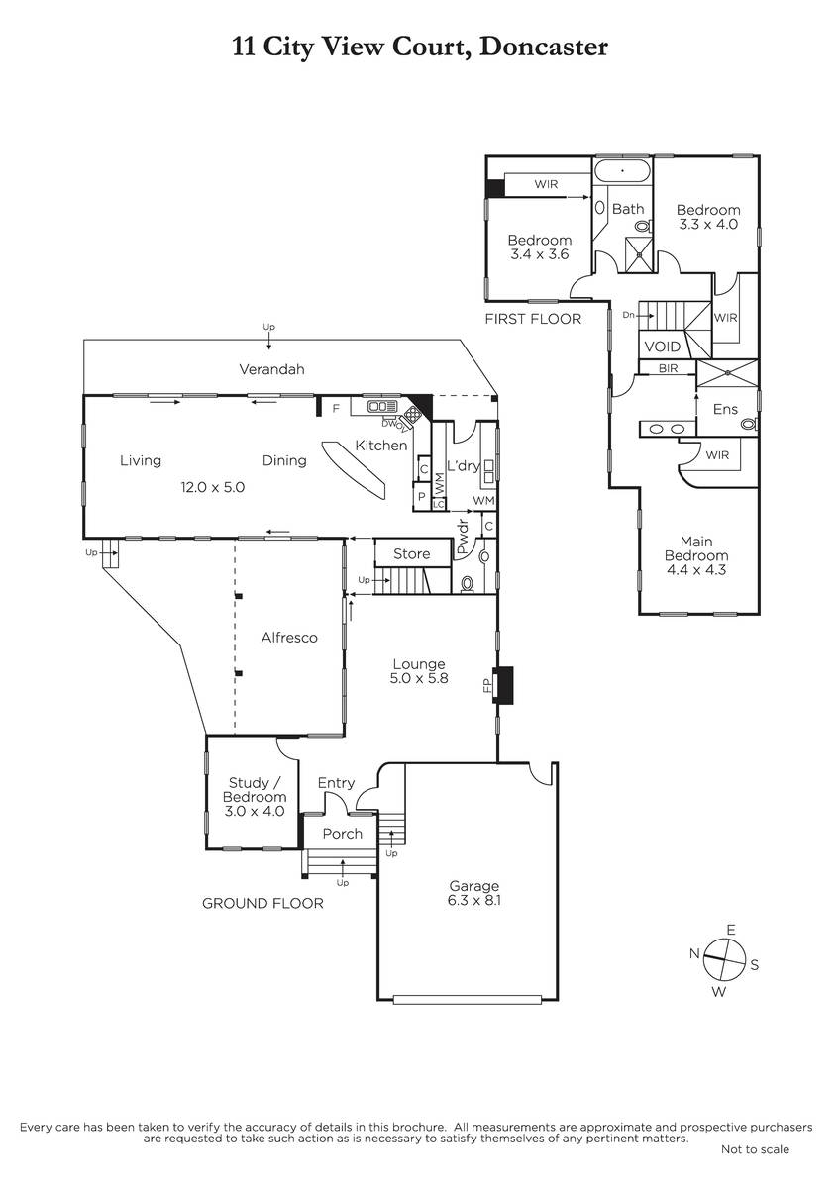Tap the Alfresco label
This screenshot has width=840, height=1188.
coord(289,638)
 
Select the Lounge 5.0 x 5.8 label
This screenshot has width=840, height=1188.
coord(418,671)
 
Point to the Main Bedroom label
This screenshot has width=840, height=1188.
coord(697,555)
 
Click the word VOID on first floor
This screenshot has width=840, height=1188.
coord(662,347)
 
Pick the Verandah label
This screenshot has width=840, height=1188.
coord(271,369)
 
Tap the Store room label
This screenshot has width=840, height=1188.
coord(410,553)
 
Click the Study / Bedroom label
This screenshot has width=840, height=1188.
coord(255,796)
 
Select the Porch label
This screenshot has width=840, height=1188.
coord(343,834)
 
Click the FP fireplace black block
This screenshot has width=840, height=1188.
coord(504,684)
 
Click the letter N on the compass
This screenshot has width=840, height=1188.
coord(695,953)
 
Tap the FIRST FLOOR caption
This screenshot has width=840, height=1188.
coord(533,319)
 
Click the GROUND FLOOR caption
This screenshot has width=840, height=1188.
coord(262,903)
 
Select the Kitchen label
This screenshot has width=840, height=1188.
coord(381,445)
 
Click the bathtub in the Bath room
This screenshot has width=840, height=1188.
coord(622,171)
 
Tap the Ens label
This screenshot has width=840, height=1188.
coord(725,408)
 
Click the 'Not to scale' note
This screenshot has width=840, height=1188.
coord(755,1149)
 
